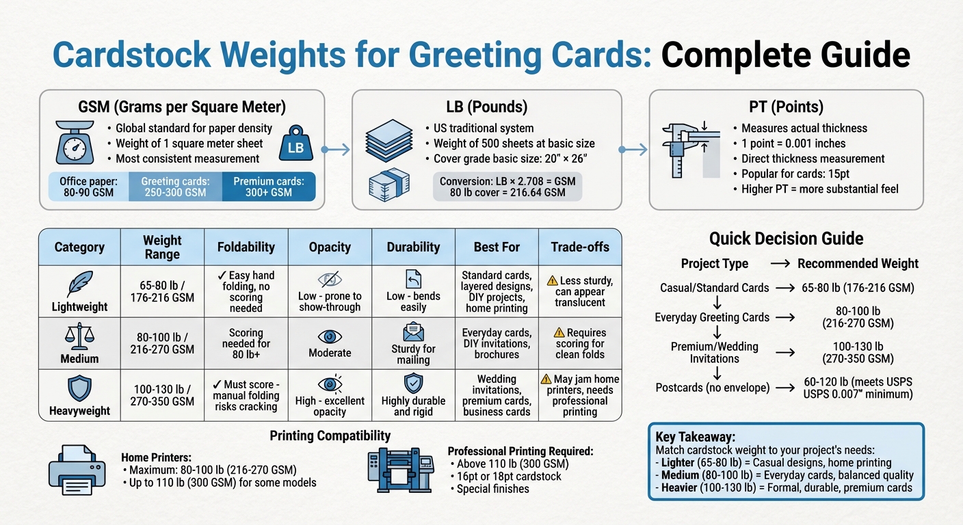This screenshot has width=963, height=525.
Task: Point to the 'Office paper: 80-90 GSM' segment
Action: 90,187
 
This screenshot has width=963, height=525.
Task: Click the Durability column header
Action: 413,247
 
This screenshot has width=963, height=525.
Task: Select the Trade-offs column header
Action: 580,247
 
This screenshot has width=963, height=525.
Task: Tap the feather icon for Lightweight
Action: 80,283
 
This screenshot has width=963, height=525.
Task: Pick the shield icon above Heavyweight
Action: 80,388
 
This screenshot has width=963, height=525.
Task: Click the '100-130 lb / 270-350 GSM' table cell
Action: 162,395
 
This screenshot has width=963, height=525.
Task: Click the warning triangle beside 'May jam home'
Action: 546,379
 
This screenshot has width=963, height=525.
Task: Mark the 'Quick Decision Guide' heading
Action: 786,239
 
